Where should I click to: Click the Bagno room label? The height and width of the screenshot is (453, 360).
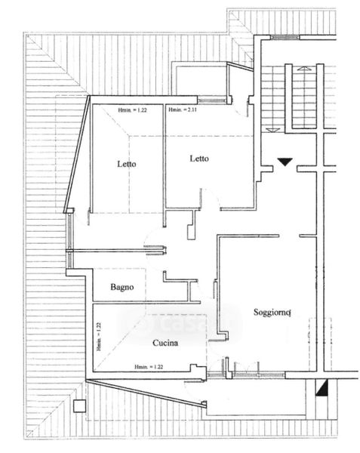(x=122, y=287)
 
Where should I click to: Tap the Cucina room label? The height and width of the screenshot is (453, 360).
(x=165, y=343)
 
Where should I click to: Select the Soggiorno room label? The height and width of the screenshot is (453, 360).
(x=272, y=313)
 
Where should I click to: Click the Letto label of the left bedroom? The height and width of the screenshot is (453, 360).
(x=127, y=164)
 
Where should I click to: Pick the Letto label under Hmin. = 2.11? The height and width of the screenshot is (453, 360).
(x=199, y=159)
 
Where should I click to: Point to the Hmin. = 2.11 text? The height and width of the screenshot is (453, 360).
(x=183, y=109)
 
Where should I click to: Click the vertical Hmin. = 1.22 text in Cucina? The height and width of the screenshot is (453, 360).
(x=99, y=337)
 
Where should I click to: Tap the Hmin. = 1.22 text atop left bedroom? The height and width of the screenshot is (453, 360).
(x=132, y=110)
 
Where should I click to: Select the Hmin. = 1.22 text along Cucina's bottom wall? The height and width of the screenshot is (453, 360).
(x=149, y=367)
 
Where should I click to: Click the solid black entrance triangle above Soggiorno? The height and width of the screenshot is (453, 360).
(x=285, y=162)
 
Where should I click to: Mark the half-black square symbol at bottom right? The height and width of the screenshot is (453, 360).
(x=322, y=387)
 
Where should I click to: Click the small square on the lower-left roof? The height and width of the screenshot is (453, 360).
(x=79, y=406)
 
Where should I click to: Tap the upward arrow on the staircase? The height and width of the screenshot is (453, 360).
(x=304, y=69)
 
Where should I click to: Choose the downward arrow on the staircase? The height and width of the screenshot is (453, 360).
(x=272, y=131)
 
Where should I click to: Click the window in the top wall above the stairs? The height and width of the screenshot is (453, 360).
(x=285, y=37)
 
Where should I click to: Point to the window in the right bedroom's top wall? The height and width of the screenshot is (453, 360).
(x=212, y=100)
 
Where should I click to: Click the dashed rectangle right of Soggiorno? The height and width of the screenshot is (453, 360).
(x=321, y=344)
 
